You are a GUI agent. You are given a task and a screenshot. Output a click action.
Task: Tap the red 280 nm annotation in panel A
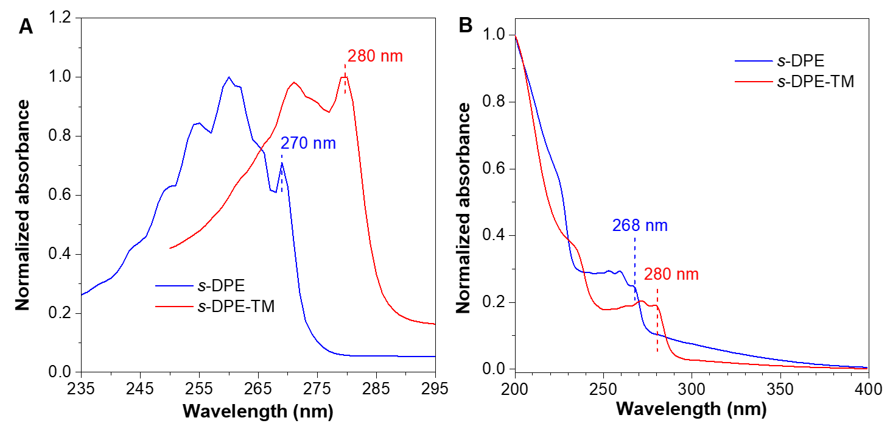tap(375, 57)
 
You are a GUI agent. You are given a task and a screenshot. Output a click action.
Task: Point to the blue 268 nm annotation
tap(640, 225)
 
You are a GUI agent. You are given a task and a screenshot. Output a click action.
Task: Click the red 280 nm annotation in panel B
tap(671, 274)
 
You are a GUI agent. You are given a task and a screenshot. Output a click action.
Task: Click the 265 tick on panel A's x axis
tap(259, 388)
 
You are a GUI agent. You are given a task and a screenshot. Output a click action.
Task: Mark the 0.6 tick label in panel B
tap(497, 169)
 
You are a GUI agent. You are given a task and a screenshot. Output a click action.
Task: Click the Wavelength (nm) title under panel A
tap(257, 412)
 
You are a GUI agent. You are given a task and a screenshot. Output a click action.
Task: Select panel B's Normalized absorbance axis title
tap(464, 208)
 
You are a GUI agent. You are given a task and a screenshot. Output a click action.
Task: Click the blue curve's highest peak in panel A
tap(229, 77)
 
